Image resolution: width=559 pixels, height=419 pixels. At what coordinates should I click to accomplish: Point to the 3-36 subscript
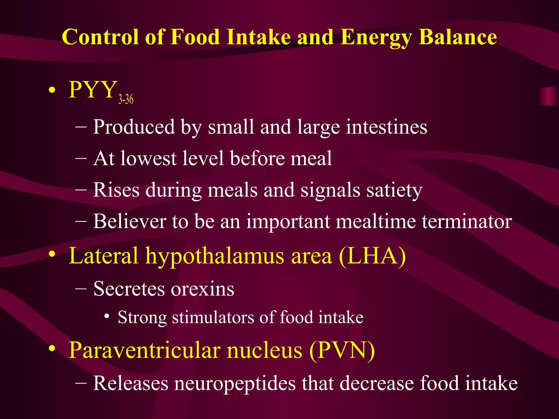click(126, 99)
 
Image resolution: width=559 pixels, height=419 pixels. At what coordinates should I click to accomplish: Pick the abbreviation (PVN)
click(342, 351)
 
